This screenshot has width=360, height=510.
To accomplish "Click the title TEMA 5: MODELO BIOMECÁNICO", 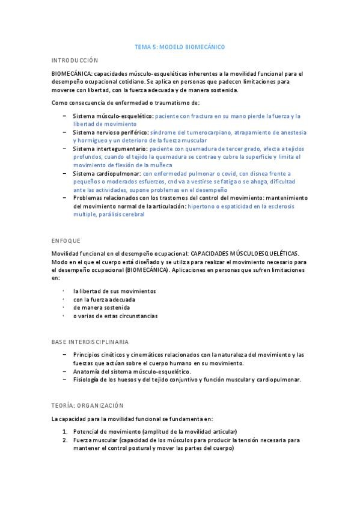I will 180,46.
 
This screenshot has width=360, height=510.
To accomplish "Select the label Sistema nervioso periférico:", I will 110,132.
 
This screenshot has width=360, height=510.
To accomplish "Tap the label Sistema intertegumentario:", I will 110,149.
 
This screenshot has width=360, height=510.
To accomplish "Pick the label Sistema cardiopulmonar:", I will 107,173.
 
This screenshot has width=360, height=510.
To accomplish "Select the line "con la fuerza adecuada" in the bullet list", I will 104,299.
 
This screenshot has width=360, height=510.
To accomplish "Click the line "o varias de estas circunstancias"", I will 115,316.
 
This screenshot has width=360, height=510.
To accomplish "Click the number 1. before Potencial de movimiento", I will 66,432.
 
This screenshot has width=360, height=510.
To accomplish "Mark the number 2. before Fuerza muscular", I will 66,440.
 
